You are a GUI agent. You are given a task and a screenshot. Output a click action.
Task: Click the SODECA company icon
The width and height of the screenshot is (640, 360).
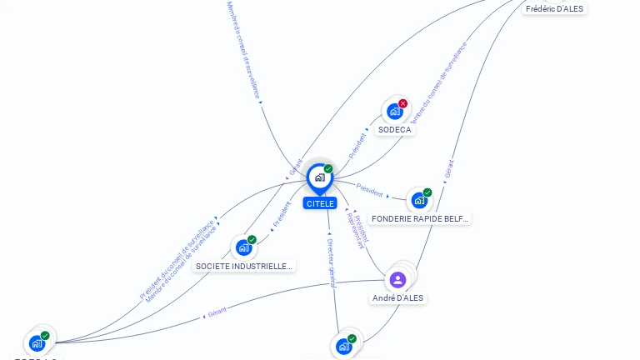(394, 112)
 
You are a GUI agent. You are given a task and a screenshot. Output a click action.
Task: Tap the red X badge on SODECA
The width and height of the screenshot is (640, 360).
(403, 103)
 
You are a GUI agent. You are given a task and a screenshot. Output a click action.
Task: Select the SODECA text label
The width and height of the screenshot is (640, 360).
(395, 130)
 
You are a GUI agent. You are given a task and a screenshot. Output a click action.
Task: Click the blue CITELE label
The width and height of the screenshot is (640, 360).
(320, 203)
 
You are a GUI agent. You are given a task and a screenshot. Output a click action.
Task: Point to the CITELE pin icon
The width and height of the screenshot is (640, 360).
(319, 177)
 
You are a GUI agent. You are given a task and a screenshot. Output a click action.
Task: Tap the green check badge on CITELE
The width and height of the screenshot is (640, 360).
(328, 169)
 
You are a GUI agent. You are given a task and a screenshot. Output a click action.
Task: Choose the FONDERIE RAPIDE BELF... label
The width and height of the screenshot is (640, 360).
(420, 218)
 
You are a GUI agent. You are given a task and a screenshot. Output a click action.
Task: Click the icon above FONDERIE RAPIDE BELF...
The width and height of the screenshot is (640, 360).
(418, 200)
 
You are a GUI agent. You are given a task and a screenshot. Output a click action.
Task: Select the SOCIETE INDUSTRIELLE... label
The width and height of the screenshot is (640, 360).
(244, 266)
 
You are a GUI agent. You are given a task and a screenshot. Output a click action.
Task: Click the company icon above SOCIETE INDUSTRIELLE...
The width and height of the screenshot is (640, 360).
(242, 247)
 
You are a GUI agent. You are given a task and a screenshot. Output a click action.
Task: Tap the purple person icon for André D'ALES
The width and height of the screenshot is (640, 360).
(397, 279)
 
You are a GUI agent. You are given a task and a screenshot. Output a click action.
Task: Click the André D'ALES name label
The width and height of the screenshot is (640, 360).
(398, 297)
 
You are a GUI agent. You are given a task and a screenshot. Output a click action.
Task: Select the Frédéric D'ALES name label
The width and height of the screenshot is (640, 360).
(554, 8)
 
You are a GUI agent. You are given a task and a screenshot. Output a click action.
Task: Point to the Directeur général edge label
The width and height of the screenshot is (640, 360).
(331, 258)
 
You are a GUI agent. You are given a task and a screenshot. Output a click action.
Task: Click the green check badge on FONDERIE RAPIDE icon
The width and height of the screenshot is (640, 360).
(427, 192)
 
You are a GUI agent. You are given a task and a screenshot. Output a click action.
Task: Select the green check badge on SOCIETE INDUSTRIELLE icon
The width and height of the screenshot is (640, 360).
(252, 240)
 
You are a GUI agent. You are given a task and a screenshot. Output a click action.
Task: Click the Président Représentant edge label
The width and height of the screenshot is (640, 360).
(357, 229)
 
